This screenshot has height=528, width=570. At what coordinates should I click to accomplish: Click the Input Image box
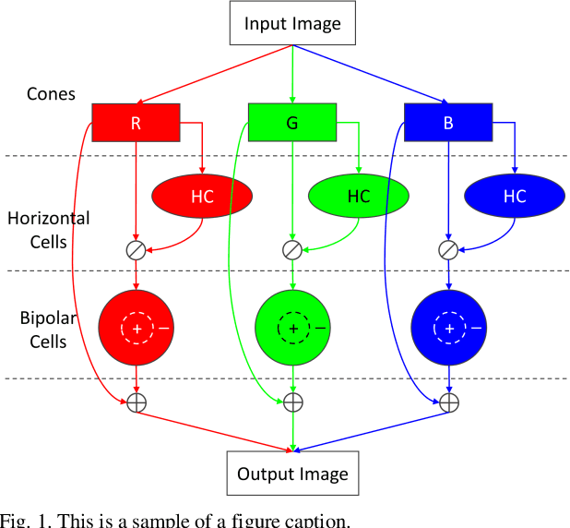292,23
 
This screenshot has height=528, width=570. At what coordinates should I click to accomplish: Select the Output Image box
292,474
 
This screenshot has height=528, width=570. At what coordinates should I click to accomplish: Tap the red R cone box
136,122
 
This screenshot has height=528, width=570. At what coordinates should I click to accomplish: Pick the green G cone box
292,122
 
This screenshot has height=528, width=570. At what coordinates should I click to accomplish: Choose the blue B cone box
448,122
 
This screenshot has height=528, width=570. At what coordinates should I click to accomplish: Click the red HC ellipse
202,196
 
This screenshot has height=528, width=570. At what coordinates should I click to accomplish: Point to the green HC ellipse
358,196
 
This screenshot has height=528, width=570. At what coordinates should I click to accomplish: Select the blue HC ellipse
514,196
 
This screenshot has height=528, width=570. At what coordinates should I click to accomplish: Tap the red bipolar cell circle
137,328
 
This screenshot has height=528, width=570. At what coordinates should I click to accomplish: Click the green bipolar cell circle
292,328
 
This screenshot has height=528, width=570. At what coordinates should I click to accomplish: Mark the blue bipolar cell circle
449,328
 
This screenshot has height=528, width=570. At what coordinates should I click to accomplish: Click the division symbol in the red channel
137,248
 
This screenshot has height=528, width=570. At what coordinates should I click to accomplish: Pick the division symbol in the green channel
292,248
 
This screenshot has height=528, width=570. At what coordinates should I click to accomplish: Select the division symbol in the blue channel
449,248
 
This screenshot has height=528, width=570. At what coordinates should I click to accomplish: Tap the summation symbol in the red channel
137,402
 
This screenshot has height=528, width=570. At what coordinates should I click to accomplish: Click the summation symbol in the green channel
292,402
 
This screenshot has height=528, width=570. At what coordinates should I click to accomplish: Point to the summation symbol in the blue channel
449,402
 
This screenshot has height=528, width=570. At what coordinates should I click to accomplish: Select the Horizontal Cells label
48,230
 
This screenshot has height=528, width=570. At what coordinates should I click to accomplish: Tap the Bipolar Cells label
43,330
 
